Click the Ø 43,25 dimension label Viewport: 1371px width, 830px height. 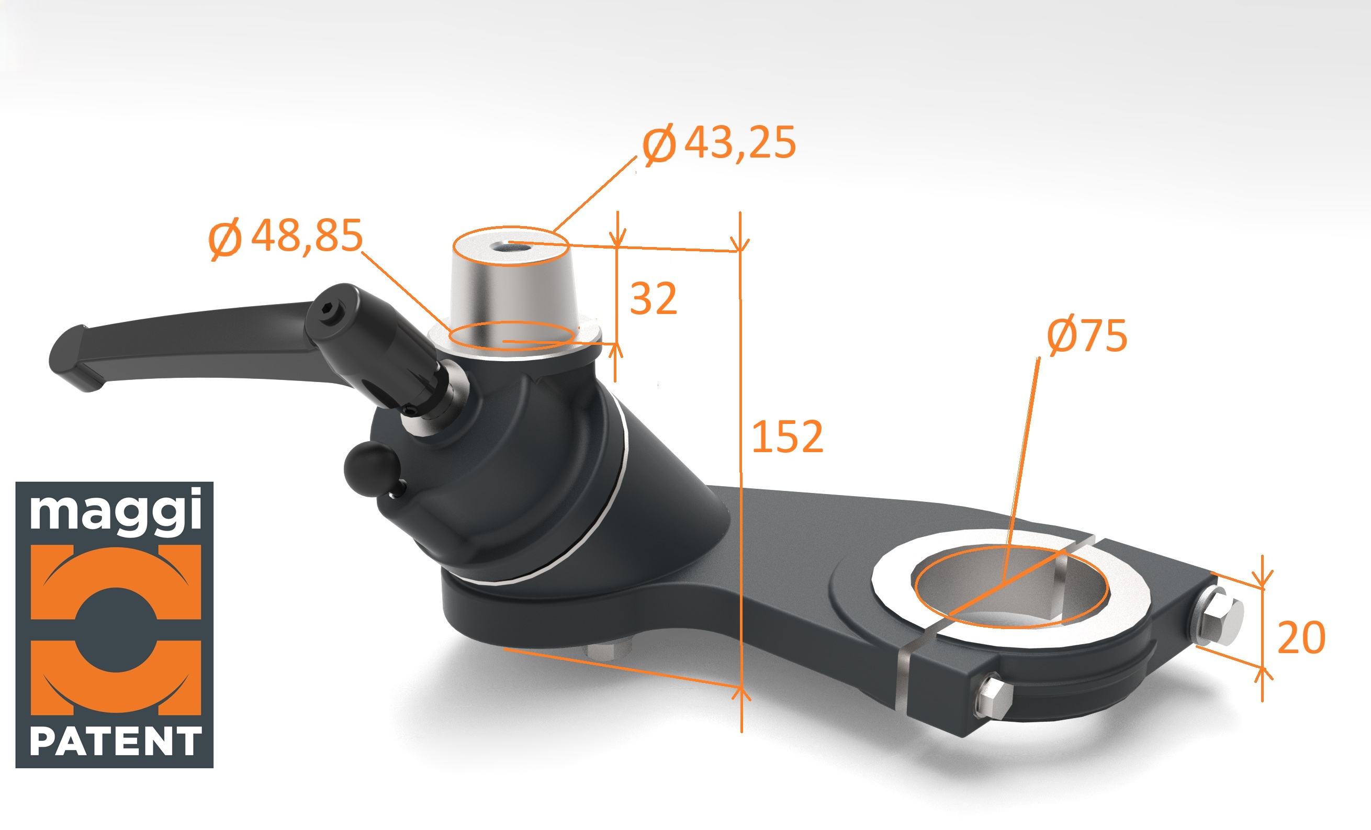tap(720, 144)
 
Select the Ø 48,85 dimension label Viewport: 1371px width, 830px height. tap(285, 238)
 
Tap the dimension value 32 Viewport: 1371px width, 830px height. tap(653, 299)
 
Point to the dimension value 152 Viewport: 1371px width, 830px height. tap(787, 436)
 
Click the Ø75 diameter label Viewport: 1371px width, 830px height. tap(1087, 336)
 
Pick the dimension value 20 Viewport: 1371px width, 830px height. tap(1301, 638)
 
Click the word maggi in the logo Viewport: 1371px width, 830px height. tap(115, 510)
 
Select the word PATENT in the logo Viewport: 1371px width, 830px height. tap(115, 742)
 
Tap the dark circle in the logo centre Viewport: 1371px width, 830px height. tap(115, 630)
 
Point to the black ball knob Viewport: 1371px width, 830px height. tap(371, 465)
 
